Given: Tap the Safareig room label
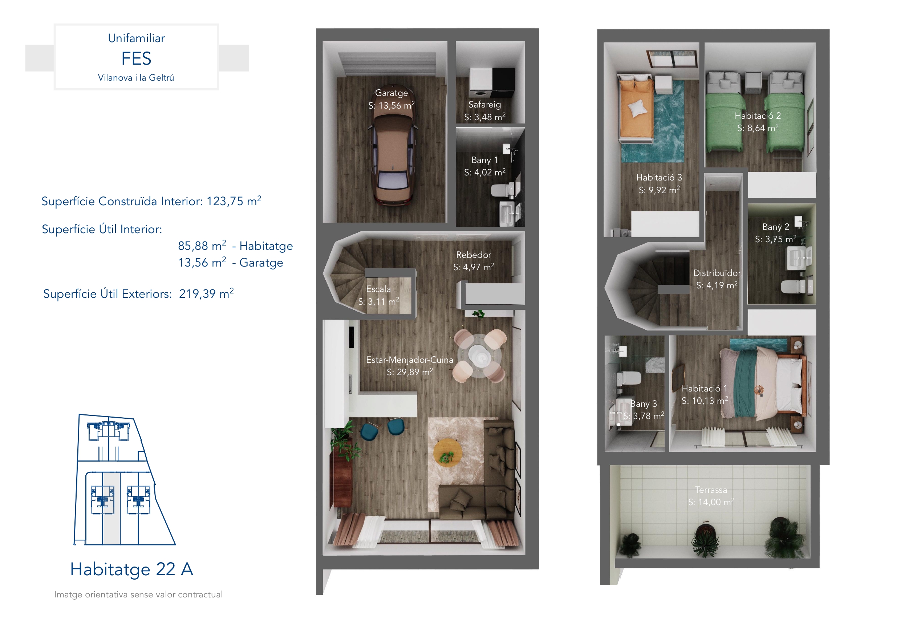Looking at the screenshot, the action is click(x=485, y=104).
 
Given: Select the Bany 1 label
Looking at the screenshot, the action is click(x=485, y=160).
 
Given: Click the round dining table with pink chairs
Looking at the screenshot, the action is click(x=479, y=356).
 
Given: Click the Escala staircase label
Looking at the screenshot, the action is click(x=378, y=289).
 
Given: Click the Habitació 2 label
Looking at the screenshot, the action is click(x=758, y=116).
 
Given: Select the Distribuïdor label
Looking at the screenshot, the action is click(x=717, y=273).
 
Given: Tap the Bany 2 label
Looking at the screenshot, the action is click(x=775, y=227).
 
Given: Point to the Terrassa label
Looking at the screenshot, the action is click(x=711, y=490).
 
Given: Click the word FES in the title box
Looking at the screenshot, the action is click(x=136, y=58).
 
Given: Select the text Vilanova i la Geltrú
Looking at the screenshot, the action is click(x=136, y=78).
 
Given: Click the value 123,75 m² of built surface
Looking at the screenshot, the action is click(x=234, y=201).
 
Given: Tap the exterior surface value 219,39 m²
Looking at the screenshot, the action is click(x=206, y=293).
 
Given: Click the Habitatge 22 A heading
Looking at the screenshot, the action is click(x=131, y=569).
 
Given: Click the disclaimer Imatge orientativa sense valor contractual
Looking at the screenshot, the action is click(x=138, y=595).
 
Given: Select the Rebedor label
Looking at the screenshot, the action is click(x=474, y=255).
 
